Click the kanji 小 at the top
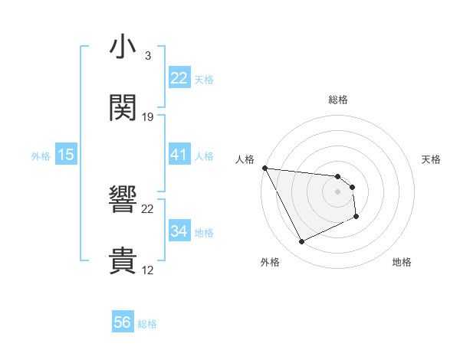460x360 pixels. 123,47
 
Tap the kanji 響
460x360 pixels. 123,200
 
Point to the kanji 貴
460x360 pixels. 123,260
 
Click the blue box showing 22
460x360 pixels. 179,78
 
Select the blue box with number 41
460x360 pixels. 179,155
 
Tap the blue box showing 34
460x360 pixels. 179,231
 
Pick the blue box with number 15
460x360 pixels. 66,155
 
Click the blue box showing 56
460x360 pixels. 123,322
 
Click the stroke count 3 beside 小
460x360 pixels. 148,56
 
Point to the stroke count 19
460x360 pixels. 148,117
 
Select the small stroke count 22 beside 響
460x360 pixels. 148,208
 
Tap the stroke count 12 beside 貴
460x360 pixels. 148,270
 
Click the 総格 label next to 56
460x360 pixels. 147,324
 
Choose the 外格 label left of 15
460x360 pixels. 41,156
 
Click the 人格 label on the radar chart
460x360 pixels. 245,159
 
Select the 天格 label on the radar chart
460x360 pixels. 432,159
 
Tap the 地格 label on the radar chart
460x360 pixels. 402,262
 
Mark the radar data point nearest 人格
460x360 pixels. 264,168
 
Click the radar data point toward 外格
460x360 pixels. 301,242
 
